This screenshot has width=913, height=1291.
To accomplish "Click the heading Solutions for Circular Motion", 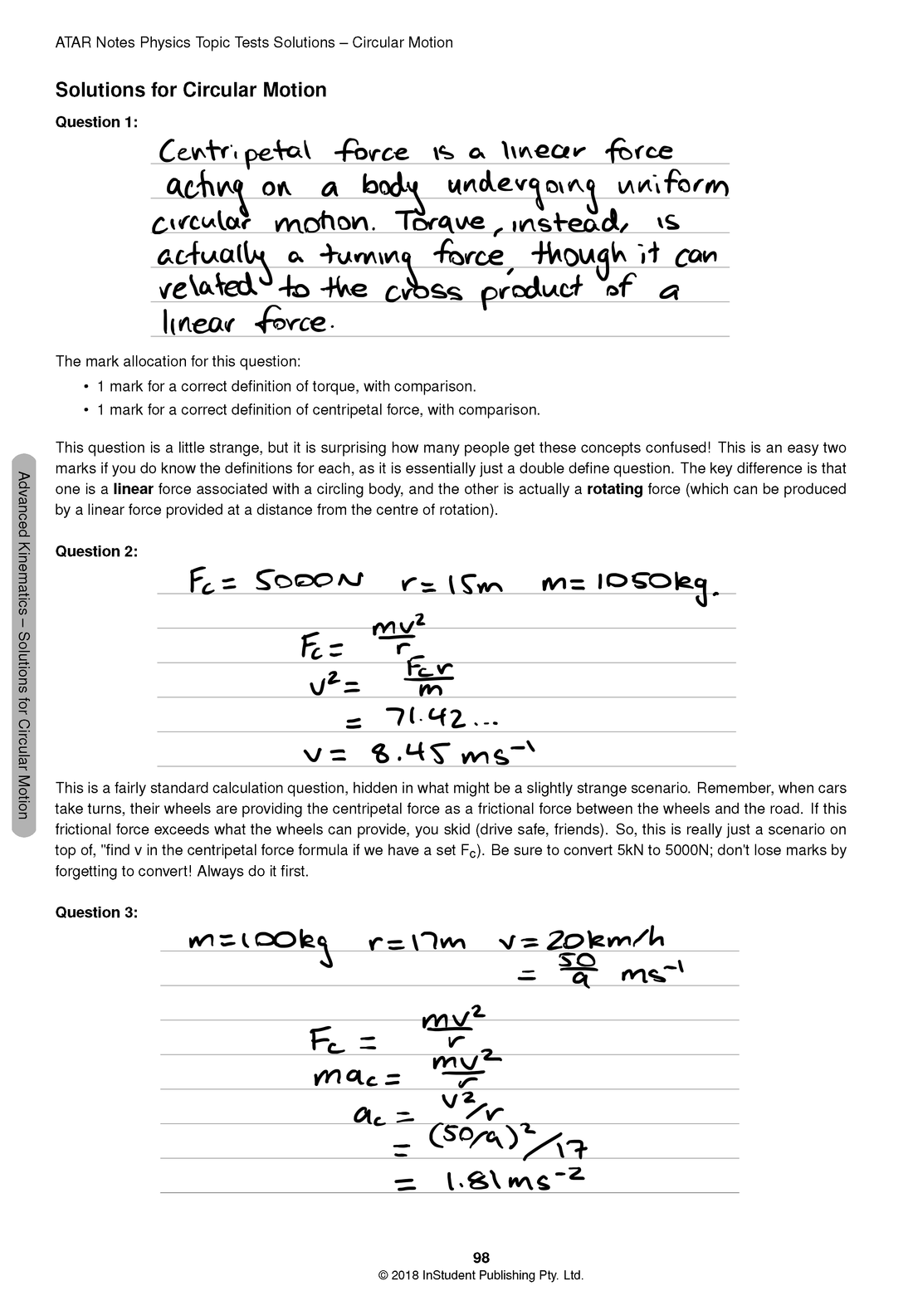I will pos(190,90).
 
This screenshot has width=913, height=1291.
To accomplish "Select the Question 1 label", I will pos(96,122).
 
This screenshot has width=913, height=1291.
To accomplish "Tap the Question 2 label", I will pos(96,551).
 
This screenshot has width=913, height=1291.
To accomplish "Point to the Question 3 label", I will pos(96,912).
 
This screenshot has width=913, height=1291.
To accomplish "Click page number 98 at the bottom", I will pos(481,1258).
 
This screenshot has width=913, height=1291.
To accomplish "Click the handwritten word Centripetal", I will pos(236,153).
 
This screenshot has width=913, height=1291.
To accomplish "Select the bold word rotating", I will pos(614,489).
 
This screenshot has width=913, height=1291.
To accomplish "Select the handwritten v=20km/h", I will pos(582,941).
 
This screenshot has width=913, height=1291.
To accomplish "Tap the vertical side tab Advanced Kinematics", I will pos(24,645).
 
